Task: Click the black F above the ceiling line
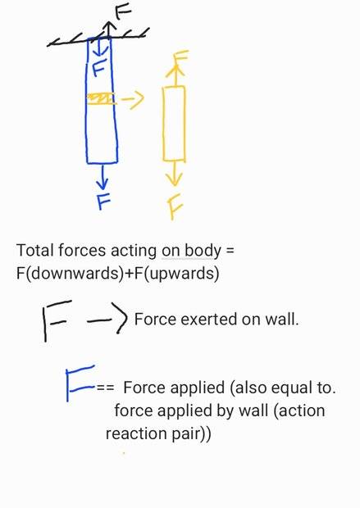click(x=123, y=13)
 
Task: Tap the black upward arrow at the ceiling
click(x=108, y=29)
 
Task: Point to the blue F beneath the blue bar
click(x=104, y=202)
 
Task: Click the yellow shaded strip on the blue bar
click(x=102, y=99)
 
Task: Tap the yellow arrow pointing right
click(x=133, y=98)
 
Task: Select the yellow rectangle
click(x=174, y=124)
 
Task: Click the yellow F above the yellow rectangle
click(x=181, y=57)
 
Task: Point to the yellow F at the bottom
click(x=175, y=206)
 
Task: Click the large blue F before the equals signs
click(x=80, y=383)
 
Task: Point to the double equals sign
click(x=105, y=388)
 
